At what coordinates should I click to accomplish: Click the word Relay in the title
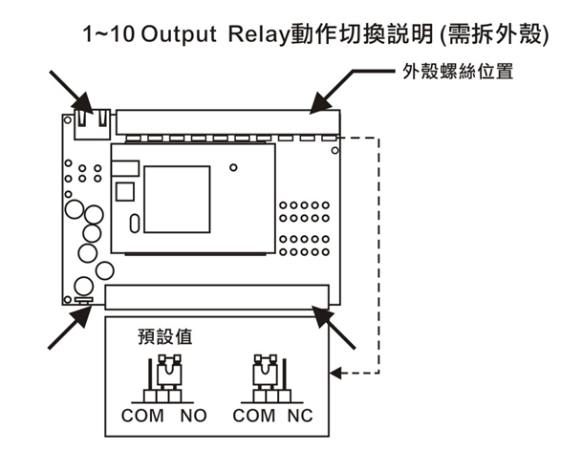pos(259,35)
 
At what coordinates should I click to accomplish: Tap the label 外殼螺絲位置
pos(458,72)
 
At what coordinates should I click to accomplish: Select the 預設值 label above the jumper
pos(165,337)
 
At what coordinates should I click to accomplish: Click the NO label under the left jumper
pos(194,416)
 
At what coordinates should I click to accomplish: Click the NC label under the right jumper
pos(300,416)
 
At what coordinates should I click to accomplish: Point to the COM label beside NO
pos(142,416)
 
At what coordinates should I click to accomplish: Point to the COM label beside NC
pos(254,416)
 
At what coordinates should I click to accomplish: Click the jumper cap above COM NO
pos(169,372)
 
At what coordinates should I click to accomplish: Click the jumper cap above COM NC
pos(265,372)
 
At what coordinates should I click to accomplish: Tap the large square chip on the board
pos(177,200)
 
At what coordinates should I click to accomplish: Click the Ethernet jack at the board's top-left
pos(93,124)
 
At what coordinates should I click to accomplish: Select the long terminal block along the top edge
pos(227,122)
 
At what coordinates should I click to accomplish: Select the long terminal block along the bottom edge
pos(217,297)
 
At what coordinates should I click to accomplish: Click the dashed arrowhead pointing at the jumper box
pos(336,374)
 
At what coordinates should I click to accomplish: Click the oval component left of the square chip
pos(135,224)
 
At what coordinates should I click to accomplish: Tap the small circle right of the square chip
pos(233,167)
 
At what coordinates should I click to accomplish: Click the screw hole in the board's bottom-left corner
pos(67,299)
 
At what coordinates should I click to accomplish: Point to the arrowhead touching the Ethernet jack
pos(83,103)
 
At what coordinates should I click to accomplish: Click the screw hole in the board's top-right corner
pos(334,151)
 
